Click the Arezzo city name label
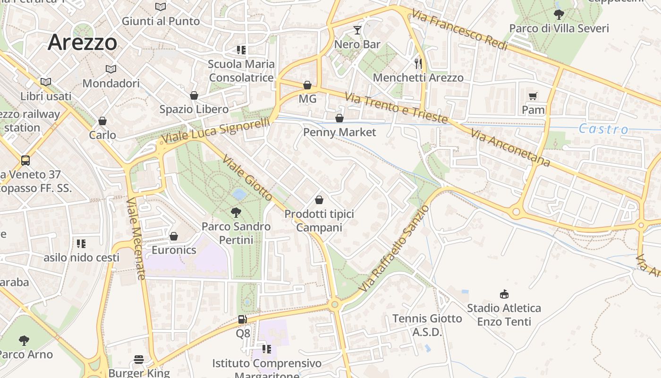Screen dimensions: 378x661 click(82, 43)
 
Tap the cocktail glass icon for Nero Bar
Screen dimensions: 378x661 click(357, 31)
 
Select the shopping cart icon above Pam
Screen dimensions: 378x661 click(533, 96)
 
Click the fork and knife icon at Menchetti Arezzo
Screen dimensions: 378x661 click(418, 63)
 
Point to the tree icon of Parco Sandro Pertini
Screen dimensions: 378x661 click(236, 212)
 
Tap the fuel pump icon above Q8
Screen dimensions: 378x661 click(242, 319)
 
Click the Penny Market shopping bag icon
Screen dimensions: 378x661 click(339, 118)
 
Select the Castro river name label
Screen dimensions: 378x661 click(603, 129)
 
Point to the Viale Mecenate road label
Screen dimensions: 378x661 click(135, 239)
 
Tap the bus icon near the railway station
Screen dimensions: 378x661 click(25, 160)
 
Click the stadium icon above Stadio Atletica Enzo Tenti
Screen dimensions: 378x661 click(504, 294)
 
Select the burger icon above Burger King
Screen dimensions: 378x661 click(138, 360)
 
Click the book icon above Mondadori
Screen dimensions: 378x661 click(111, 69)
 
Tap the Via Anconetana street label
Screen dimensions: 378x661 click(510, 148)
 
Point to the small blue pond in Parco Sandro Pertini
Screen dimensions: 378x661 click(239, 194)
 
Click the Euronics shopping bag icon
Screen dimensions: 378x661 click(174, 236)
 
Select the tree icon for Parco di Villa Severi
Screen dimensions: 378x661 click(559, 14)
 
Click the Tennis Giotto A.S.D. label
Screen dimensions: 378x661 click(427, 325)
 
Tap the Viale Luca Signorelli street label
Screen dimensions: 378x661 click(215, 130)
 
